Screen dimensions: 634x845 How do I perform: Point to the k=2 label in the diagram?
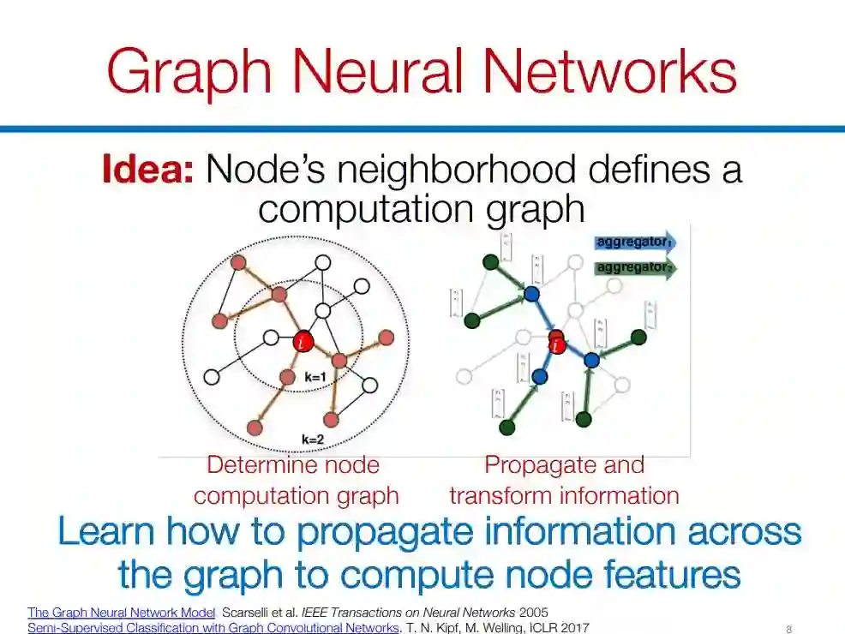click(313, 439)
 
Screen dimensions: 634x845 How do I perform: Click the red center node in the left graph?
click(303, 342)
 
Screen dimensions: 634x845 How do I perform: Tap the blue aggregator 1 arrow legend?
click(635, 243)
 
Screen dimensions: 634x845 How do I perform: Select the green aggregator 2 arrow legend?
click(635, 268)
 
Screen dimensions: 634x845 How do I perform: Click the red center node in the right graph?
click(557, 344)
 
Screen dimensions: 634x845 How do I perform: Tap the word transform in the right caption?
click(503, 495)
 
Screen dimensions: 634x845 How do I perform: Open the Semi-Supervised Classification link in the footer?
click(213, 628)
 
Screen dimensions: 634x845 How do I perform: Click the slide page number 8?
click(788, 629)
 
